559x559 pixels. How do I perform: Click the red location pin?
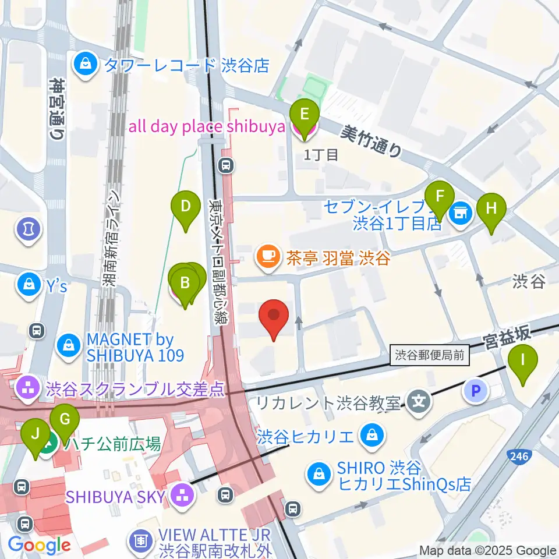click(x=277, y=319)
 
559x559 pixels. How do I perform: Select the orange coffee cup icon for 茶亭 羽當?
click(x=268, y=256)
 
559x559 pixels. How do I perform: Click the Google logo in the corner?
click(x=39, y=545)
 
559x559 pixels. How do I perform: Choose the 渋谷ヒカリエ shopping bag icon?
click(x=370, y=435)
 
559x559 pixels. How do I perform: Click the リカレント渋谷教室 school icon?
click(x=418, y=401)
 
